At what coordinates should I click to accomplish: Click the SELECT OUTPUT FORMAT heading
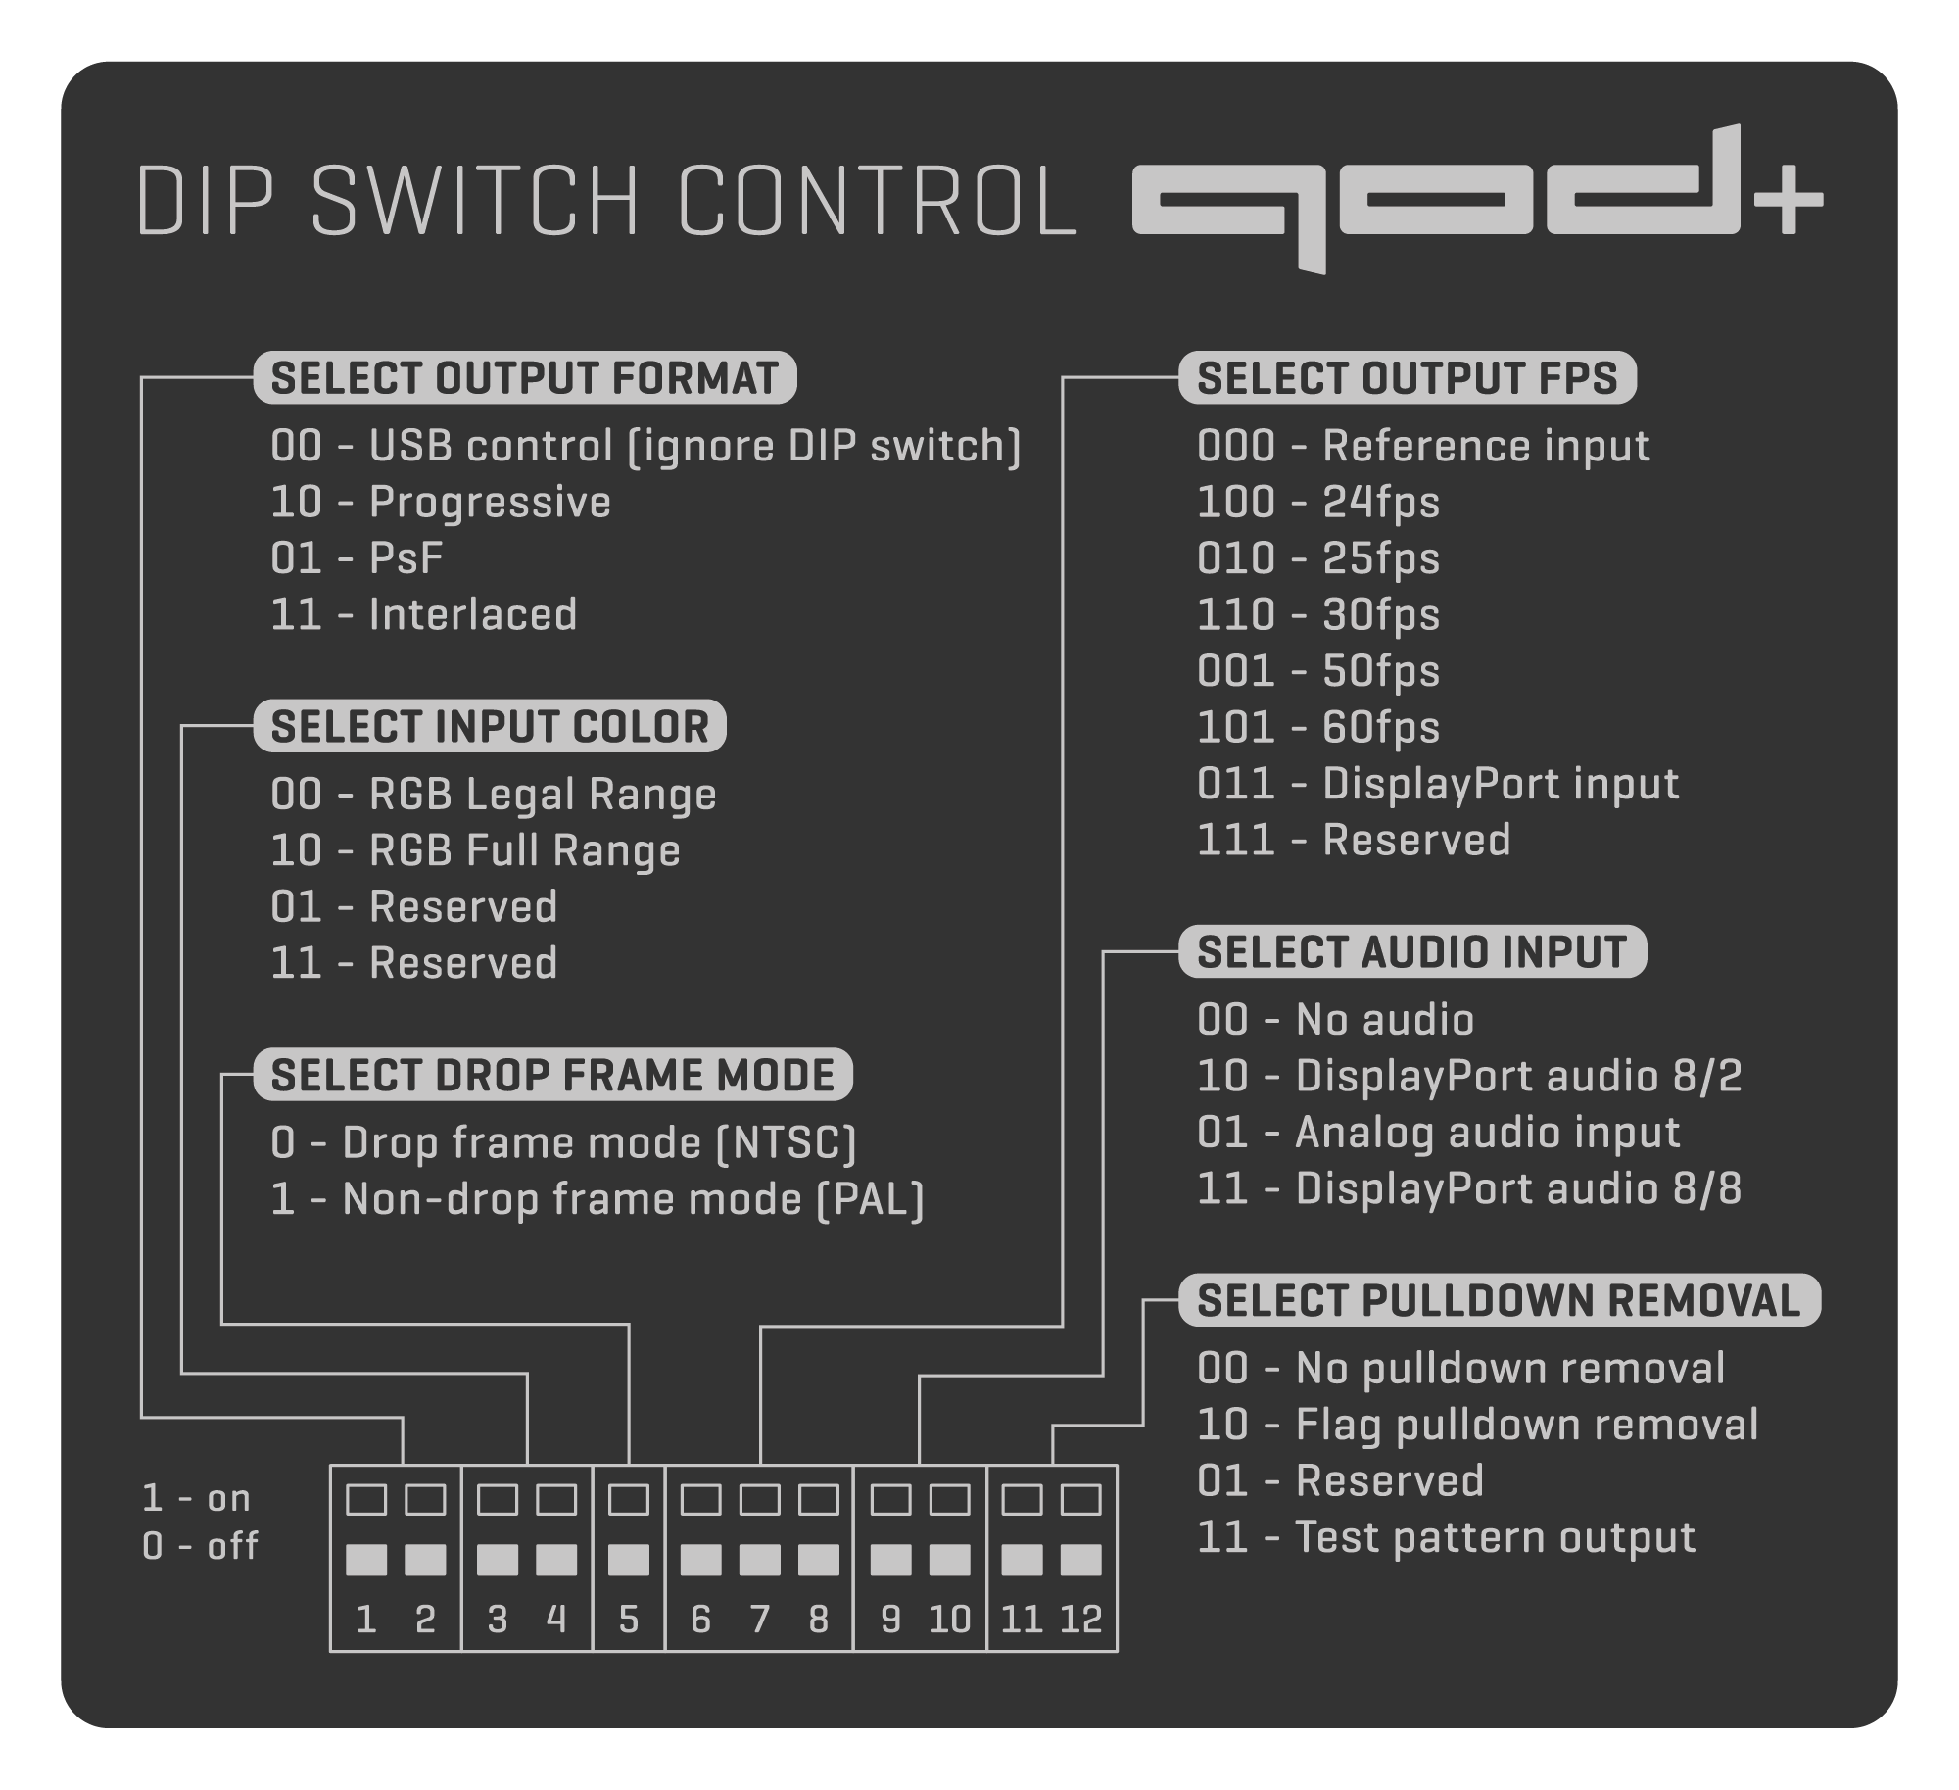tap(524, 378)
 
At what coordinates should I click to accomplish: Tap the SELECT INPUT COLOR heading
tap(489, 727)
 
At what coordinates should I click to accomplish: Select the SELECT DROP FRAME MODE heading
tap(552, 1075)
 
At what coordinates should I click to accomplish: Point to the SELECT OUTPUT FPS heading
tap(1407, 378)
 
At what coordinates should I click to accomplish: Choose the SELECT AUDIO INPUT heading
tap(1411, 952)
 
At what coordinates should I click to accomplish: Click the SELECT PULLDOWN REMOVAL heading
tap(1499, 1301)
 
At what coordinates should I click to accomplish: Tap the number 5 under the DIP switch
tap(629, 1619)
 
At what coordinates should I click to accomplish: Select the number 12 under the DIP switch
tap(1081, 1619)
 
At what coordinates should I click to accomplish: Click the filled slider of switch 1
tap(366, 1559)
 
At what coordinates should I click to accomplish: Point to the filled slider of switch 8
tap(819, 1559)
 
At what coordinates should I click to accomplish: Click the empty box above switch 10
tap(949, 1499)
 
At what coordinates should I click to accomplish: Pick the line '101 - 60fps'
tap(1317, 728)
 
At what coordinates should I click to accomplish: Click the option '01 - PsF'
tap(357, 559)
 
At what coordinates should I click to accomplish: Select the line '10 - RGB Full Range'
tap(475, 850)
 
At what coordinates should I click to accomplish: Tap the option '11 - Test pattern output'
tap(1446, 1537)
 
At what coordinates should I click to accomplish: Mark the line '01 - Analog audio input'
tap(1438, 1133)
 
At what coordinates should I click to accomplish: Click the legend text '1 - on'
tap(196, 1498)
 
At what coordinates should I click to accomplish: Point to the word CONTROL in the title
tap(877, 201)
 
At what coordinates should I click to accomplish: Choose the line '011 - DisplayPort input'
tap(1437, 784)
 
